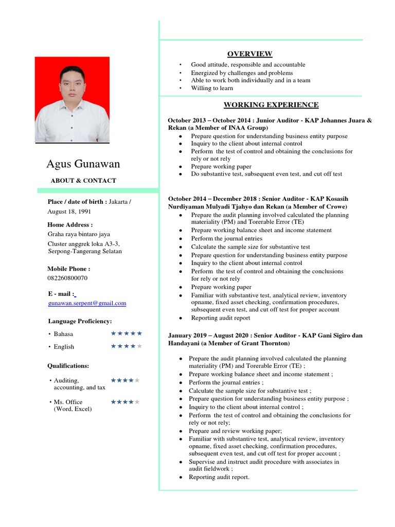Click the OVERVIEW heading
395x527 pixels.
coord(250,54)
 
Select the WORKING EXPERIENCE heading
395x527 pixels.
coord(271,105)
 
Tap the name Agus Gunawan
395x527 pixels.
coord(83,164)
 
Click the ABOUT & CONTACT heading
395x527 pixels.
coord(83,181)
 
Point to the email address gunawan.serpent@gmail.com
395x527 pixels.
coord(87,304)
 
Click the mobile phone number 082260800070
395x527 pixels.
coord(67,278)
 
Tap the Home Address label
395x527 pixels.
coord(70,225)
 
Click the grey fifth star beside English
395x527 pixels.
coord(139,346)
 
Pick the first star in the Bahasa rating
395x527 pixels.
coord(113,333)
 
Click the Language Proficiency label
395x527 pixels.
coord(80,321)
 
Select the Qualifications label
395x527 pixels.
coord(68,366)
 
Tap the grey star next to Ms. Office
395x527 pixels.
coord(137,402)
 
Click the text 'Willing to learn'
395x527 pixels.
coord(212,88)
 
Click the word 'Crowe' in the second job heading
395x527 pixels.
coord(335,206)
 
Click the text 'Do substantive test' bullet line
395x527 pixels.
coord(266,174)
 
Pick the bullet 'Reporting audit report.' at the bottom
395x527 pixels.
coord(219,477)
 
